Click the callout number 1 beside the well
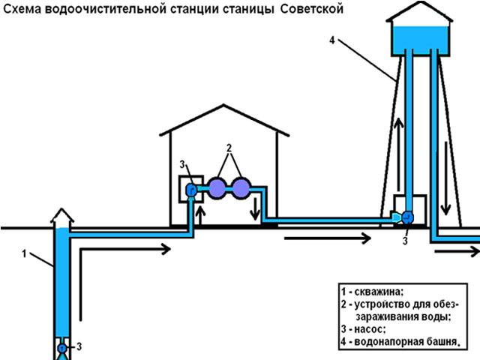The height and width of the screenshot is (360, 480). click(x=23, y=253)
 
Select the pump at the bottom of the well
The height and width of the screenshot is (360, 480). click(x=62, y=346)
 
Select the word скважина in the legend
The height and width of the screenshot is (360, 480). click(x=378, y=291)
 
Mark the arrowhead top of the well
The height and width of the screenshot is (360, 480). click(x=61, y=218)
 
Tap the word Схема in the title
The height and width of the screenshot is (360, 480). click(x=22, y=10)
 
